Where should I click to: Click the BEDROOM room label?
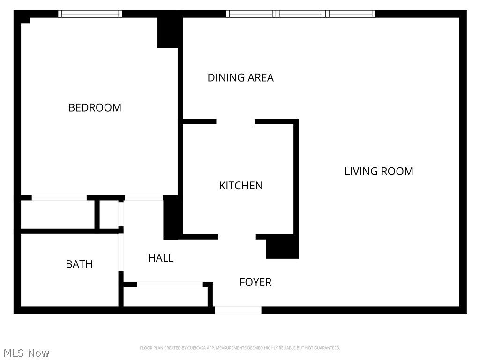[95, 107]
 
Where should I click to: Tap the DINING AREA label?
[240, 77]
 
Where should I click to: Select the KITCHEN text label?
[241, 186]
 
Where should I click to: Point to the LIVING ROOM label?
[379, 171]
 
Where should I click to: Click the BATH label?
[79, 264]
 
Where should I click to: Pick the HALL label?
[161, 258]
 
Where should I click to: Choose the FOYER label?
[255, 282]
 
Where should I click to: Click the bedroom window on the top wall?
[90, 14]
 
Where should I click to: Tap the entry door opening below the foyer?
[238, 310]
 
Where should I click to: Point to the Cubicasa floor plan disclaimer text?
[240, 348]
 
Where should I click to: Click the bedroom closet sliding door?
[59, 198]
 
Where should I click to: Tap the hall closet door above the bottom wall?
[170, 285]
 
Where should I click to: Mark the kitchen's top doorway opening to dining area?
[235, 122]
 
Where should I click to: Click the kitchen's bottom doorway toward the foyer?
[237, 237]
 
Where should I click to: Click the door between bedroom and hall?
[143, 198]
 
